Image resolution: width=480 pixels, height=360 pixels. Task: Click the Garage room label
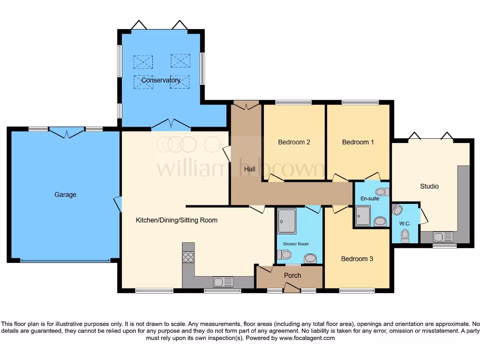click(x=65, y=195)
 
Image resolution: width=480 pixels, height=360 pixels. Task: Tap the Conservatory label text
click(x=161, y=80)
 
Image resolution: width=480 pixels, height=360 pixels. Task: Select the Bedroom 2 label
click(x=294, y=142)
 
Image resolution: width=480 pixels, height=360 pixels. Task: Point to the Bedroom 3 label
click(x=357, y=259)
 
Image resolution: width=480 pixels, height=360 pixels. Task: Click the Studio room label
click(x=429, y=186)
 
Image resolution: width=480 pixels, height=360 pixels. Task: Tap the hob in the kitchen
click(x=188, y=257)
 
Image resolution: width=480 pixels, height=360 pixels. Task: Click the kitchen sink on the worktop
click(x=223, y=282)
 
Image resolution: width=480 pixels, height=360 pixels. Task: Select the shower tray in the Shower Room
click(x=286, y=221)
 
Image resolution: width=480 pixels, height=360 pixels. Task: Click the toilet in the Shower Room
click(x=284, y=255)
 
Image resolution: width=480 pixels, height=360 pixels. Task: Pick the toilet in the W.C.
click(x=405, y=234)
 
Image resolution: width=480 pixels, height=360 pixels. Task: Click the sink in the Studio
click(x=443, y=237)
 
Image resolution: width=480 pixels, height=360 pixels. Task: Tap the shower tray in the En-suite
click(x=363, y=216)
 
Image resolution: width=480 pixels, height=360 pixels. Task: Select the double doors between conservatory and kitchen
click(x=171, y=125)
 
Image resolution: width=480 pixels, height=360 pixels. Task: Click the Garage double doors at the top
click(x=67, y=133)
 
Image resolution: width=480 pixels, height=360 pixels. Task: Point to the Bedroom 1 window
click(x=360, y=102)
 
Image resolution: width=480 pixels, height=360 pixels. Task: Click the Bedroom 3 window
click(x=357, y=291)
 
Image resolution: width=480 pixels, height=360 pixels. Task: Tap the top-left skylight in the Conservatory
click(x=143, y=61)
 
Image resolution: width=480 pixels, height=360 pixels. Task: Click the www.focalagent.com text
click(x=307, y=338)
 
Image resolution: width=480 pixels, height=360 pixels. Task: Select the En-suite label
click(x=370, y=199)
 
